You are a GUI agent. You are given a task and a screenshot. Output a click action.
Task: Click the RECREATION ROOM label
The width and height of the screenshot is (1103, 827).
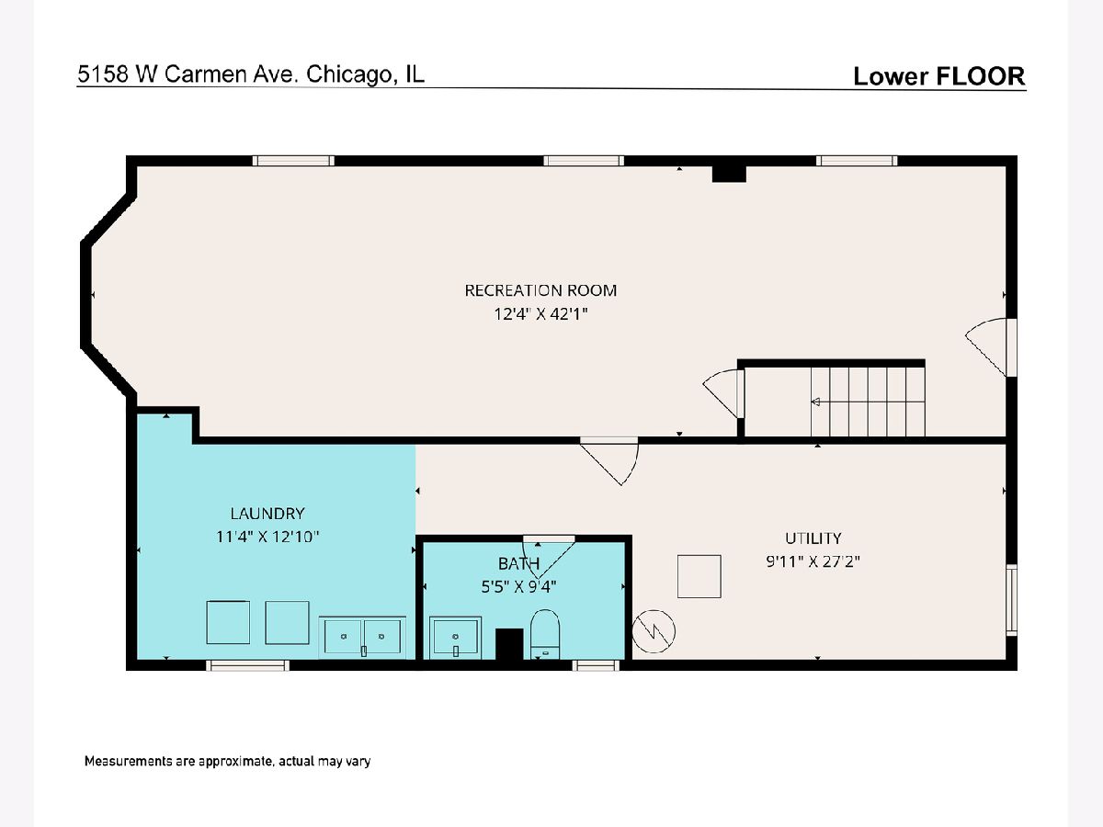point(540,290)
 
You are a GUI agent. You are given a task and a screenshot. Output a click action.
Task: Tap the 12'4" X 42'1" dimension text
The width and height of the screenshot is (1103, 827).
point(540,314)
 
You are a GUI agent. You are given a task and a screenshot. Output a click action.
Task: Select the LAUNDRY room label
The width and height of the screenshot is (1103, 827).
point(267,513)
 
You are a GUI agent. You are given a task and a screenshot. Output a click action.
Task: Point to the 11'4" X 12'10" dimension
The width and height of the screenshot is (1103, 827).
point(267,537)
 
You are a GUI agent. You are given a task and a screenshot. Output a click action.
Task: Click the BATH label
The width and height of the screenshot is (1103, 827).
point(518,564)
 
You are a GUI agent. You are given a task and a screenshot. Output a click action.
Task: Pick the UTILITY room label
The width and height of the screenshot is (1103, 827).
point(813,538)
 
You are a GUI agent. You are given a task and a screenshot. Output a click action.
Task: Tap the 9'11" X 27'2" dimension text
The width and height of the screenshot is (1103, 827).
point(813,561)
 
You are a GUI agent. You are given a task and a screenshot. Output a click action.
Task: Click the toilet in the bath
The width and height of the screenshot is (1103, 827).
point(545,634)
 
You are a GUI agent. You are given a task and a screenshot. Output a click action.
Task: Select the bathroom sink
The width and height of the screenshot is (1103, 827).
point(455,637)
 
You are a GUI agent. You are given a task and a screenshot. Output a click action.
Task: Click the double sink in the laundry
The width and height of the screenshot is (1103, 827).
point(362,637)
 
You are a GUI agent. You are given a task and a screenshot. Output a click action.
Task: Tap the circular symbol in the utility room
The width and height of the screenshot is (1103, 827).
point(654,631)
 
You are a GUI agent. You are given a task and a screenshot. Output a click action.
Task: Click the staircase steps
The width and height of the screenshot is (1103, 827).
point(868,402)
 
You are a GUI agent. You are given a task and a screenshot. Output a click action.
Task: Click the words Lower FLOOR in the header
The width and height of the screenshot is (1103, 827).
point(939,76)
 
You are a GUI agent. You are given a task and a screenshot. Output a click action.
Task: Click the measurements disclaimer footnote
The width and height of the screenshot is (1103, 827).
point(228,761)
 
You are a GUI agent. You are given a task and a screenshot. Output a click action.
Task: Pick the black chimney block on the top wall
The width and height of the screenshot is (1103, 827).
point(729,174)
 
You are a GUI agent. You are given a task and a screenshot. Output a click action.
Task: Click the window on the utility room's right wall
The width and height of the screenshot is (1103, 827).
point(1012,600)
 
